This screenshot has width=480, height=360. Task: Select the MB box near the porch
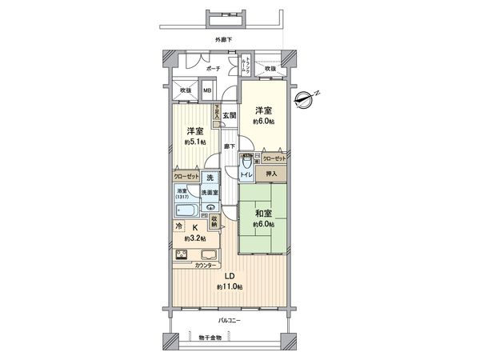tap(206, 90)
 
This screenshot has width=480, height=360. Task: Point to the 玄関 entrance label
tap(229, 115)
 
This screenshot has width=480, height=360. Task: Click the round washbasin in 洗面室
tap(210, 206)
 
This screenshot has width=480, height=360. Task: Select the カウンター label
tap(206, 266)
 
